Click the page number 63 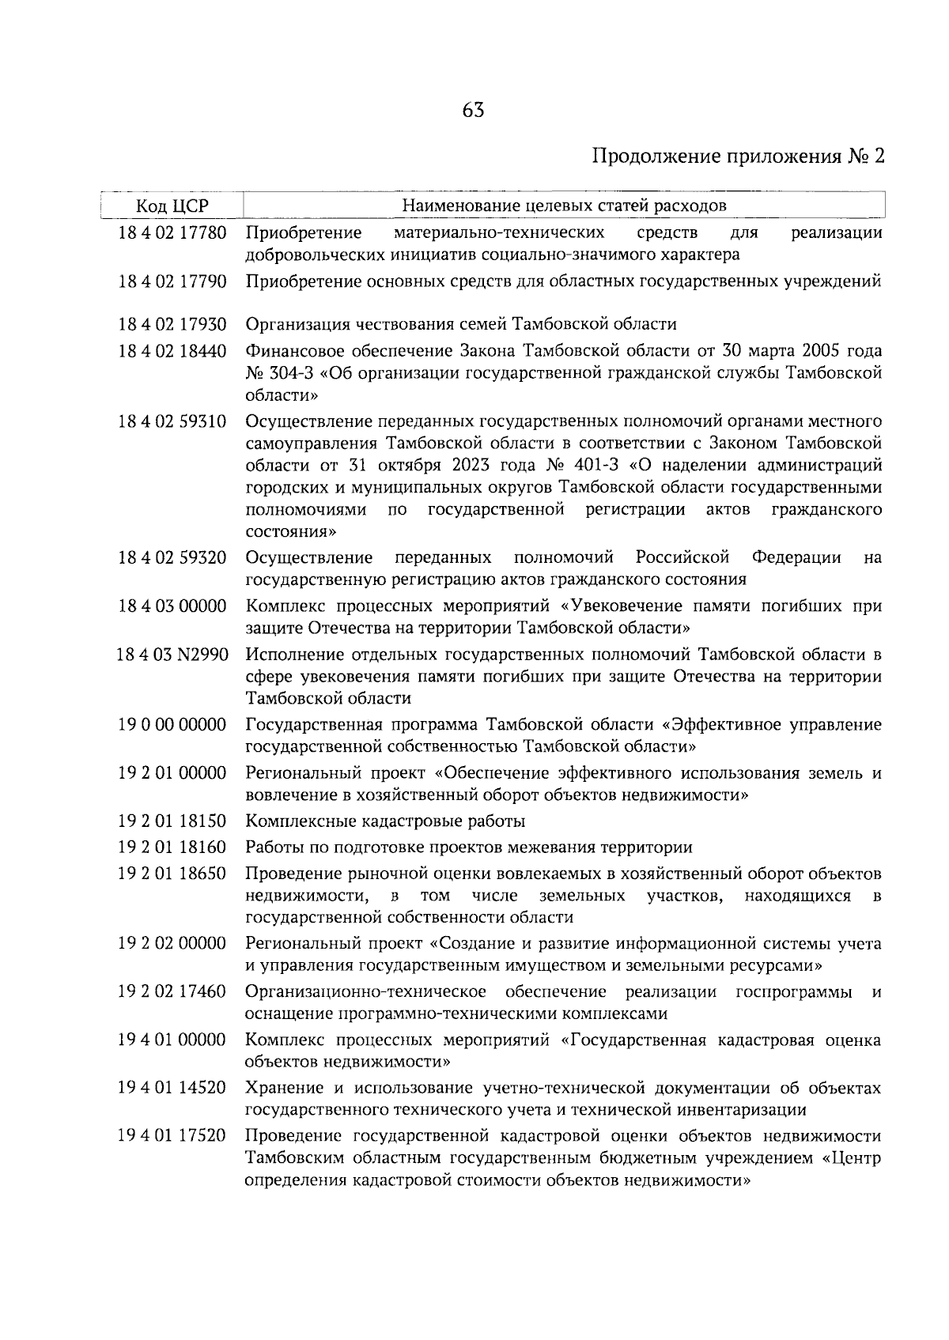click(474, 111)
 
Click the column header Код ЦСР click(172, 206)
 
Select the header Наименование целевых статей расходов click(564, 206)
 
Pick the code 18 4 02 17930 click(172, 324)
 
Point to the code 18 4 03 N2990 click(172, 655)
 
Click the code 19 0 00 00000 click(172, 725)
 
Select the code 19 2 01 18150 click(172, 821)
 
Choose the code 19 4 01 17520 click(172, 1136)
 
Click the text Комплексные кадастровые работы click(385, 821)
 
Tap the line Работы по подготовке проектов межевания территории click(469, 847)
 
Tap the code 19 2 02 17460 click(172, 991)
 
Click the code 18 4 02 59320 click(172, 558)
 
